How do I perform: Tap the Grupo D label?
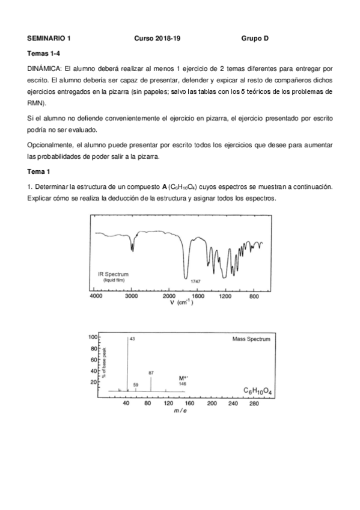coord(255,38)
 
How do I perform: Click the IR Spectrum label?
coord(113,274)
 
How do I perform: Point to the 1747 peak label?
coord(195,281)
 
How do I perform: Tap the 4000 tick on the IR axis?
coord(96,297)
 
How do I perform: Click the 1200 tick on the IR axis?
coord(225,297)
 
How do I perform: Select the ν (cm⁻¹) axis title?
coord(180,303)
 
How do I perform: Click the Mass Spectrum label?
coord(251,339)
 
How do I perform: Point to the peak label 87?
coord(151,373)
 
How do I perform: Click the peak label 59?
coord(136,384)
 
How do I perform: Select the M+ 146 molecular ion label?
coord(183,381)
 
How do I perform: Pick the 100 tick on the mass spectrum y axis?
coord(93,337)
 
